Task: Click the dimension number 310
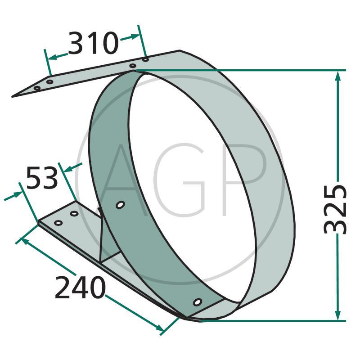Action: tap(94, 43)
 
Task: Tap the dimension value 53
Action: tap(42, 178)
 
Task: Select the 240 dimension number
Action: tap(80, 287)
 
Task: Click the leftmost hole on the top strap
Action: tap(37, 88)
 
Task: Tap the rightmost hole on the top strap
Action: tap(145, 60)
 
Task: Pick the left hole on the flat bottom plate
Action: tap(58, 223)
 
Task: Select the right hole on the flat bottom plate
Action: tap(74, 214)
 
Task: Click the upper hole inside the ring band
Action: tap(120, 205)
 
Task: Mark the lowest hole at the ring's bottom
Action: tap(198, 302)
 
